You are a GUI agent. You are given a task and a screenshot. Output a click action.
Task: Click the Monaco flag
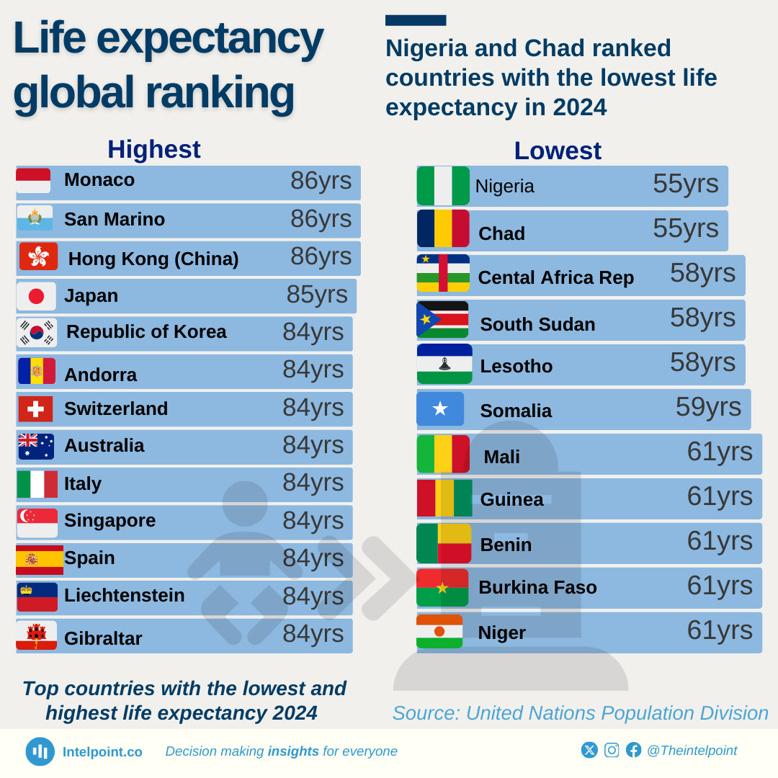coord(33,181)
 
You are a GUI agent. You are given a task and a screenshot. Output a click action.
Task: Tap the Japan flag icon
coord(36,296)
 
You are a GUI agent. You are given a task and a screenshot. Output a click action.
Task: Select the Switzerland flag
coord(35,408)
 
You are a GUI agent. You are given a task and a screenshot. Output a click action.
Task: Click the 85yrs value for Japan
coord(317,295)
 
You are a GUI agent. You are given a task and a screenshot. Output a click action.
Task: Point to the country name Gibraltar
coord(103,638)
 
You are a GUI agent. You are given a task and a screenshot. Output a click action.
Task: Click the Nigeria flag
coord(443,186)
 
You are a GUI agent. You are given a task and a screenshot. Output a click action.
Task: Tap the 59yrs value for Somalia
coord(708,407)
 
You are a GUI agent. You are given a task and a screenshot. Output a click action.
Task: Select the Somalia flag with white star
coord(440,408)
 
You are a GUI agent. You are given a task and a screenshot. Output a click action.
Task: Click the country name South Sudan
coord(537,324)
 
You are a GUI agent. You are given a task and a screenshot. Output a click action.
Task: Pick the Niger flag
coord(439,631)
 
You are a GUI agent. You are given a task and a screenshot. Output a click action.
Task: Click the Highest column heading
coord(154,149)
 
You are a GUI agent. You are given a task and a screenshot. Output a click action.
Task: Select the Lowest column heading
coord(558,151)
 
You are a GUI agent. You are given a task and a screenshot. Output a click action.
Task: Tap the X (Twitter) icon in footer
coord(589,750)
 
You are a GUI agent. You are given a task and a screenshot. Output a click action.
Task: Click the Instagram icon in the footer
coord(612,750)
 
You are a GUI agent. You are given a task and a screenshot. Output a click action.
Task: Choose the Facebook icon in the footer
coord(633,750)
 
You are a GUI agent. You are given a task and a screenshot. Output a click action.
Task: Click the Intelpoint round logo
coord(40,751)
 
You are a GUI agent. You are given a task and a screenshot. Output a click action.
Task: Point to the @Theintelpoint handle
coord(692,751)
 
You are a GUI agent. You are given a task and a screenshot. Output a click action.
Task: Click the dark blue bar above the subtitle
coord(416,20)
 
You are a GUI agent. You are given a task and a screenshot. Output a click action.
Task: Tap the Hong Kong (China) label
coord(153,259)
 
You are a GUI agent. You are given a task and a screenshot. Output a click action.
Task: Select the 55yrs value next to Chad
coord(686,228)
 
